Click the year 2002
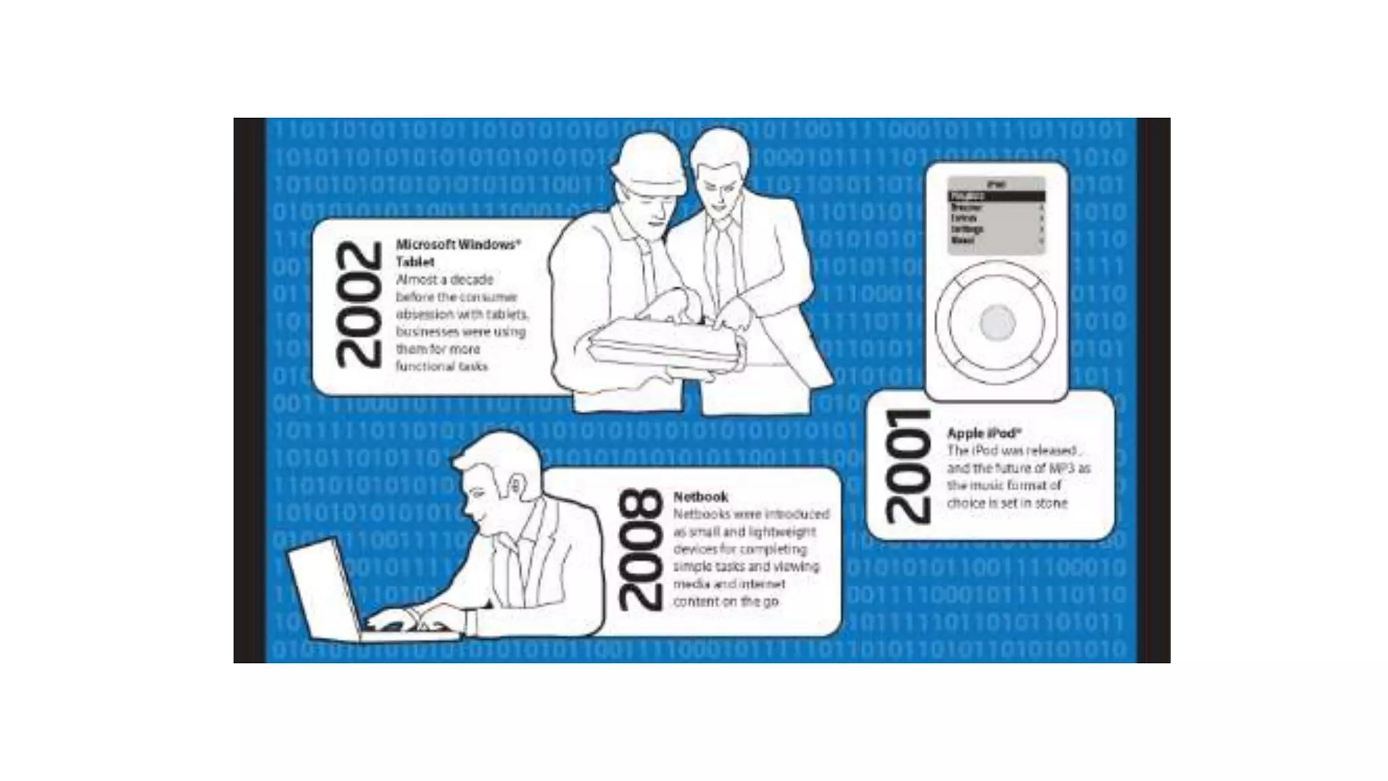click(359, 305)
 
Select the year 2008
click(640, 549)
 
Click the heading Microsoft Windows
click(458, 245)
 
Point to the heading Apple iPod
click(983, 433)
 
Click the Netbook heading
click(700, 496)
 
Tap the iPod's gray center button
click(996, 322)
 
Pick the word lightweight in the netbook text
click(781, 532)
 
